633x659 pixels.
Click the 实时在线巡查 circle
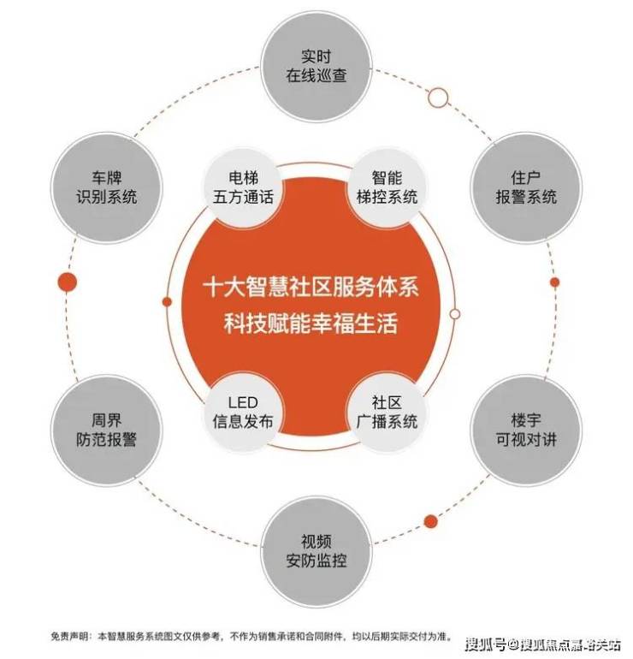coord(316,67)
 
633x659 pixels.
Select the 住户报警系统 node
coord(526,187)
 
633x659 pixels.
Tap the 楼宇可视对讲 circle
coord(526,430)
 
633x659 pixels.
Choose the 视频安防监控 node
coord(316,551)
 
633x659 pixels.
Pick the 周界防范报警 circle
coord(106,430)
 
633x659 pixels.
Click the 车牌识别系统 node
coord(106,187)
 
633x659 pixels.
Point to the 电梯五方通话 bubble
coord(243,187)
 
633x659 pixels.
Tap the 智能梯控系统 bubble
coord(387,187)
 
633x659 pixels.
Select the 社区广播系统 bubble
coord(387,413)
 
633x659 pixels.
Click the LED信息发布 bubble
coord(243,413)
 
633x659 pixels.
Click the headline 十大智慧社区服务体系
coord(311,288)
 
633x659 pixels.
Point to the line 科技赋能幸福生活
coord(311,324)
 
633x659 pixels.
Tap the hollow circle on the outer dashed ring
coord(438,98)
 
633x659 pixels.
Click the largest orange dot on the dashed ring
coord(68,282)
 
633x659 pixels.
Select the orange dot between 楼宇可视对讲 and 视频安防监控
coord(430,521)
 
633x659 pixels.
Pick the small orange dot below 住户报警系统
coord(555,282)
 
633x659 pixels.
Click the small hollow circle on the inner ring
coord(455,314)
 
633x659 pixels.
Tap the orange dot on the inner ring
coord(167,302)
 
